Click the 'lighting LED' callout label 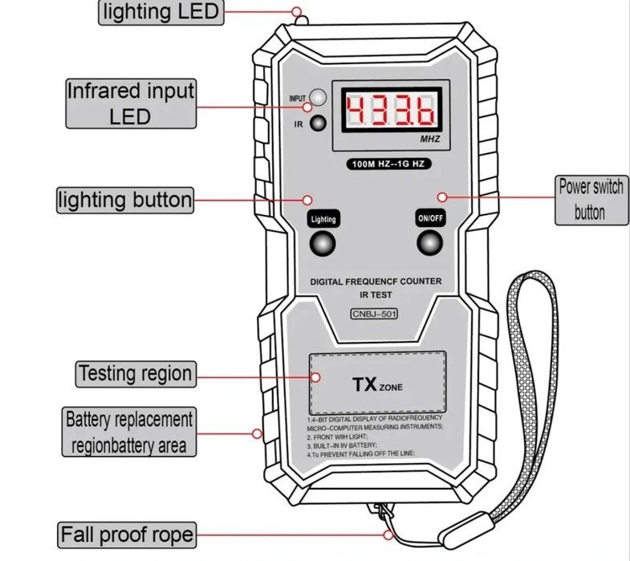[160, 11]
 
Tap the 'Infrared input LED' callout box [129, 103]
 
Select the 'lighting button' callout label [124, 199]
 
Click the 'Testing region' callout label [135, 373]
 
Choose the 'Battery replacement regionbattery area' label [128, 432]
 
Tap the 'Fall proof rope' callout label [126, 534]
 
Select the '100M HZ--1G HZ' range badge [390, 164]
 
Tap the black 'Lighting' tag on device [323, 218]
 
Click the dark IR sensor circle [319, 124]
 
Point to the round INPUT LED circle [319, 98]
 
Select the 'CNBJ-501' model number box [375, 315]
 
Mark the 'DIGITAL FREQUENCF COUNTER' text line [376, 281]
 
